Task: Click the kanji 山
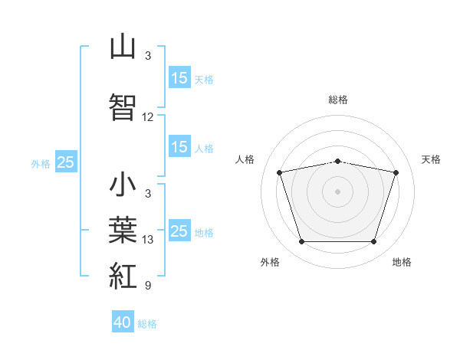point(123,46)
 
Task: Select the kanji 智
point(123,106)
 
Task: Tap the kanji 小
point(123,184)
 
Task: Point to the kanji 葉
point(123,230)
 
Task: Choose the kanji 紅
point(123,276)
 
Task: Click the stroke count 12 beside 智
point(147,117)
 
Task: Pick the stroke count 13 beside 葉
point(147,240)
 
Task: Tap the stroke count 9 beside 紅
point(148,285)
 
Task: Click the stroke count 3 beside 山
point(148,56)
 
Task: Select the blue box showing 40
point(123,321)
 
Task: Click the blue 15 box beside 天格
point(179,77)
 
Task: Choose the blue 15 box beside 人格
point(179,146)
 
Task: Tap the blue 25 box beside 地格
point(179,230)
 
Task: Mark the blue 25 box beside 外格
point(66,162)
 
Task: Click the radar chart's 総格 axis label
point(338,100)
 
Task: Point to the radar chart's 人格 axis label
point(245,159)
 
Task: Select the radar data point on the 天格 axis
point(396,172)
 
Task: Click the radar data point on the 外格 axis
point(301,242)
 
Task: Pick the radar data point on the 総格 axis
point(337,162)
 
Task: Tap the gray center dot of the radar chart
point(337,191)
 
